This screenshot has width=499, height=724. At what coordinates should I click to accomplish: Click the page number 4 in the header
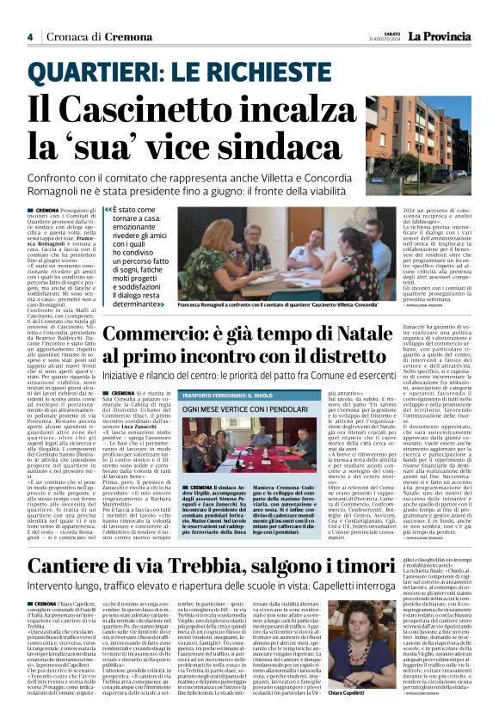(x=29, y=37)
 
